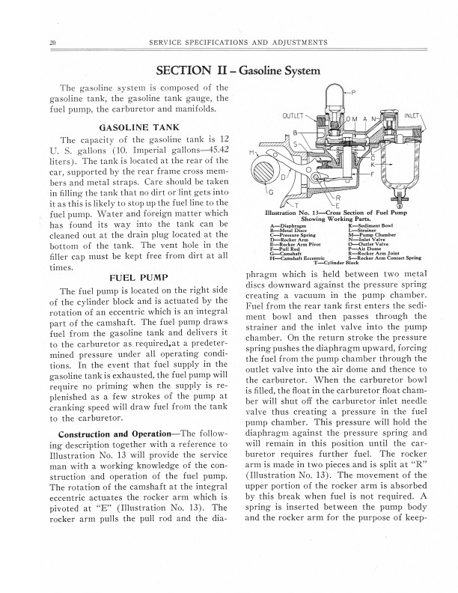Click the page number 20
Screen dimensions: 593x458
click(49, 43)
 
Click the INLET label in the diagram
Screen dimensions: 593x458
click(412, 117)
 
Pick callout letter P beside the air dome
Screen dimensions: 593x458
click(353, 93)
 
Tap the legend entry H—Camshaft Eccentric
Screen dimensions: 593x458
click(299, 259)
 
